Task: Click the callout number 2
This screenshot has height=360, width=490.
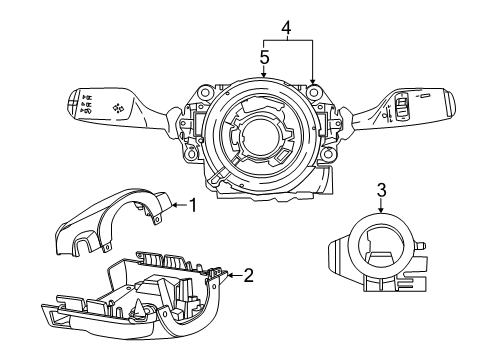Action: coord(248,273)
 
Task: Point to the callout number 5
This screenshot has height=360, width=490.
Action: coord(264,58)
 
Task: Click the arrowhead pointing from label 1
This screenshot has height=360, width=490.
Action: coord(171,205)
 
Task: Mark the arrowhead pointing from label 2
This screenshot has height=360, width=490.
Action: coord(228,273)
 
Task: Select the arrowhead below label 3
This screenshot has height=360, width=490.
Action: coord(381,212)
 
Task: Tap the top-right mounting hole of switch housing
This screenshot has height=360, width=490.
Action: coord(313,91)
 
